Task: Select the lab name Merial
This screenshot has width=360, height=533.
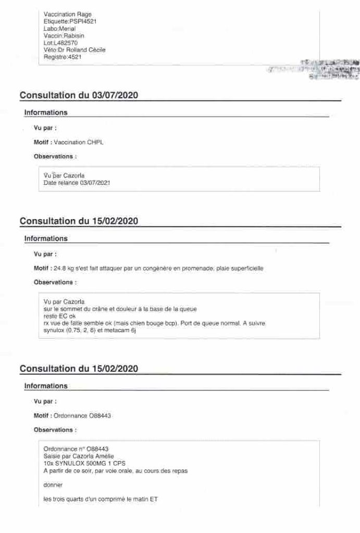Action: click(x=67, y=29)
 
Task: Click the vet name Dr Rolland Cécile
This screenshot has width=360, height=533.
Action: click(x=81, y=50)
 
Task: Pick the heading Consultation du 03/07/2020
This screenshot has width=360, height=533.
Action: click(x=79, y=95)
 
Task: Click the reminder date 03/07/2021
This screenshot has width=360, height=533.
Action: click(x=95, y=183)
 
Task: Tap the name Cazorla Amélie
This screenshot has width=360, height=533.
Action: click(x=95, y=455)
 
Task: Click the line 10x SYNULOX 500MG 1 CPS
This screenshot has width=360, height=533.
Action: click(x=80, y=463)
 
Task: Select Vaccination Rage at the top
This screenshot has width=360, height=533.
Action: click(x=68, y=14)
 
